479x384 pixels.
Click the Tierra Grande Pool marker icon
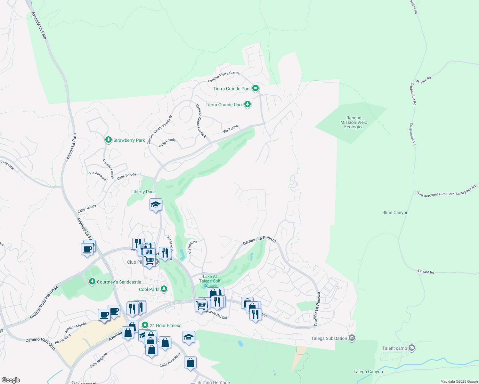255,88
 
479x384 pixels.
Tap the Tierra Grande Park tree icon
247,104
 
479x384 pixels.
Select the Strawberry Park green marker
109,140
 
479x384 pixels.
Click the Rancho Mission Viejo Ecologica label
353,123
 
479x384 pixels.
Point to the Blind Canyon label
395,213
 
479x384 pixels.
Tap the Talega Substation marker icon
352,338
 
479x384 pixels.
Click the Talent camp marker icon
412,348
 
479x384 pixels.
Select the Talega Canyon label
368,372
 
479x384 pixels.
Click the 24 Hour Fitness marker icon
145,325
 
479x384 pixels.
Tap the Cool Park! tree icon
164,289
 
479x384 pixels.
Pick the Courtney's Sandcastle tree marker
92,282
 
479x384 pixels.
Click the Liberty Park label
143,192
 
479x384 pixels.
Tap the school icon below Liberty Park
156,205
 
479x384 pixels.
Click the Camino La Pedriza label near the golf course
259,240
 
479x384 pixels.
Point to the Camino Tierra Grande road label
224,76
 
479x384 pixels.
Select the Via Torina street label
231,129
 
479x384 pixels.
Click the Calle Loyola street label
167,142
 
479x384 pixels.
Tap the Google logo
11,380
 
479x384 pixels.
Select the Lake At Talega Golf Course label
210,281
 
